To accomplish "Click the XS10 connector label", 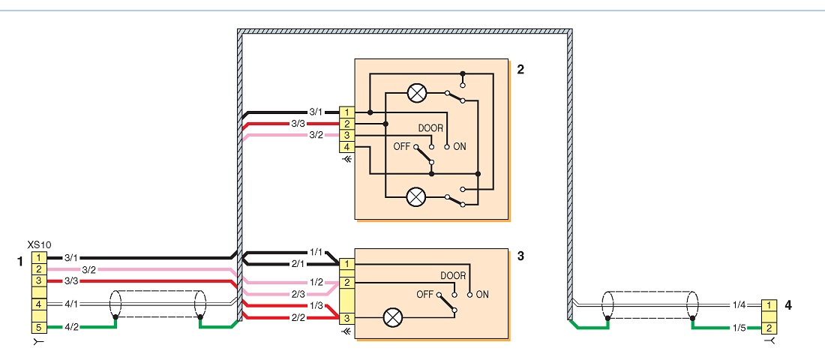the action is point(37,245).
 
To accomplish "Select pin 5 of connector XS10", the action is point(38,327).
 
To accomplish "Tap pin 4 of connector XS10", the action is point(38,304).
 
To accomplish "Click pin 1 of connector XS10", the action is point(38,258).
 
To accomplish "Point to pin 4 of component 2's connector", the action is point(346,147).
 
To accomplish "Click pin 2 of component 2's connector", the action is point(346,124).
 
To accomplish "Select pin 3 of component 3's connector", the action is point(346,319).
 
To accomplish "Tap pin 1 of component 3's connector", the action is point(346,264).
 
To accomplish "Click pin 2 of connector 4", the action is point(769,328).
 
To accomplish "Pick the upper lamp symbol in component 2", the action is point(417,94).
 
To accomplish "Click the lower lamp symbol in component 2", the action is point(417,198).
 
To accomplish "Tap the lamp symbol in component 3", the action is point(392,318).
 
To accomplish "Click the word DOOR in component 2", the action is point(430,128).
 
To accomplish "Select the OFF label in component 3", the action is point(424,294).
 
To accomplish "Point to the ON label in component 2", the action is point(459,147).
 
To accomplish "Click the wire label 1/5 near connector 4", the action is point(739,328).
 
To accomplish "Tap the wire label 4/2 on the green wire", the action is point(71,327).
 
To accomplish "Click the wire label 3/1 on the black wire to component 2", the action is point(316,112).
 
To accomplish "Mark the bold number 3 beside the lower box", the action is point(521,256).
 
